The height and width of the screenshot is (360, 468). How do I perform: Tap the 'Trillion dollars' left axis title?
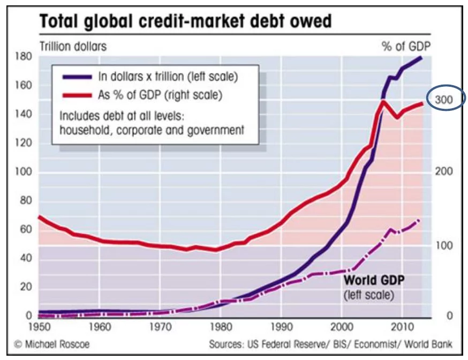pos(73,46)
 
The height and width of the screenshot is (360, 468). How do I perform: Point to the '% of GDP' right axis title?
pos(406,46)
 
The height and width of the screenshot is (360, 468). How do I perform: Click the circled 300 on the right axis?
pos(444,100)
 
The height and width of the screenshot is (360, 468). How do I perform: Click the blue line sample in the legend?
pos(77,77)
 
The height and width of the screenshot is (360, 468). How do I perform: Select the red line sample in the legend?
pos(77,95)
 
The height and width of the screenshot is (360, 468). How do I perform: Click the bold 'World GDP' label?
pos(374,280)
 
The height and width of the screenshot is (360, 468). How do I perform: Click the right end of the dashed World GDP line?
pos(419,220)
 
